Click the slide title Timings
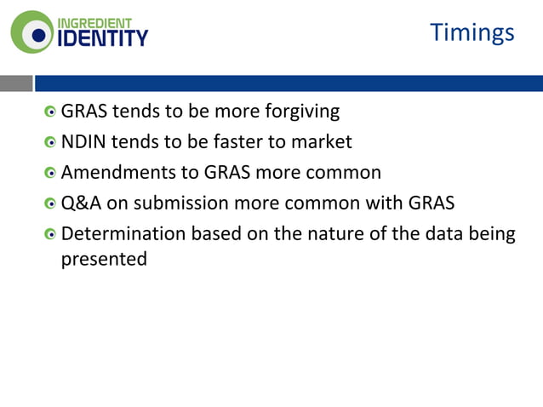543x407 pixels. tap(472, 32)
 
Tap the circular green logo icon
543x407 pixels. tap(31, 33)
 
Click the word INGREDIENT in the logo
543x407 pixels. tap(95, 21)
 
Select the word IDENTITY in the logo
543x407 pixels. tap(102, 38)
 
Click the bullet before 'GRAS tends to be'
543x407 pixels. tap(51, 112)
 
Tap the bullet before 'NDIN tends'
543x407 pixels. tap(51, 143)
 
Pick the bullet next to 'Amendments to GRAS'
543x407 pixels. tap(51, 174)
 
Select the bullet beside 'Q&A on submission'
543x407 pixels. tap(51, 204)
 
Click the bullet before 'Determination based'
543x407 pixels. tap(51, 235)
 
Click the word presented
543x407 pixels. tap(104, 259)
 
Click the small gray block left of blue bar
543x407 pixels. tap(16, 83)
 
